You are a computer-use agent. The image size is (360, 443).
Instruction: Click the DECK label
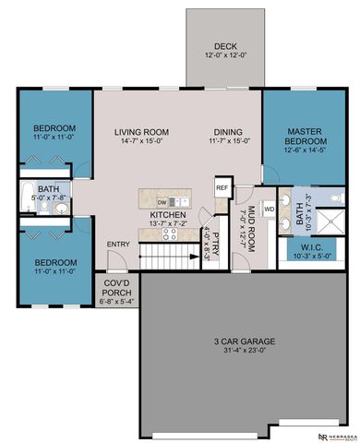[226, 45]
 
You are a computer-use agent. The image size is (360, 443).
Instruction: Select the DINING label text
[228, 131]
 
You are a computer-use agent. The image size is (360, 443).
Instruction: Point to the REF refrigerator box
[222, 187]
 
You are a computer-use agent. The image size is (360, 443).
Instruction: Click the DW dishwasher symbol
[162, 201]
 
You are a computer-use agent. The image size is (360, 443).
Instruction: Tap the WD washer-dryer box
[270, 209]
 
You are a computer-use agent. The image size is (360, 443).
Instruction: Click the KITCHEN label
[168, 214]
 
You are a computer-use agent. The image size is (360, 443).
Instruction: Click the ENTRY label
[118, 245]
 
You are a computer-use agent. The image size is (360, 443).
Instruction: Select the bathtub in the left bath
[25, 204]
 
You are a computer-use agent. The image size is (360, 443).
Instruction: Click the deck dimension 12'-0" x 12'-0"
[226, 55]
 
